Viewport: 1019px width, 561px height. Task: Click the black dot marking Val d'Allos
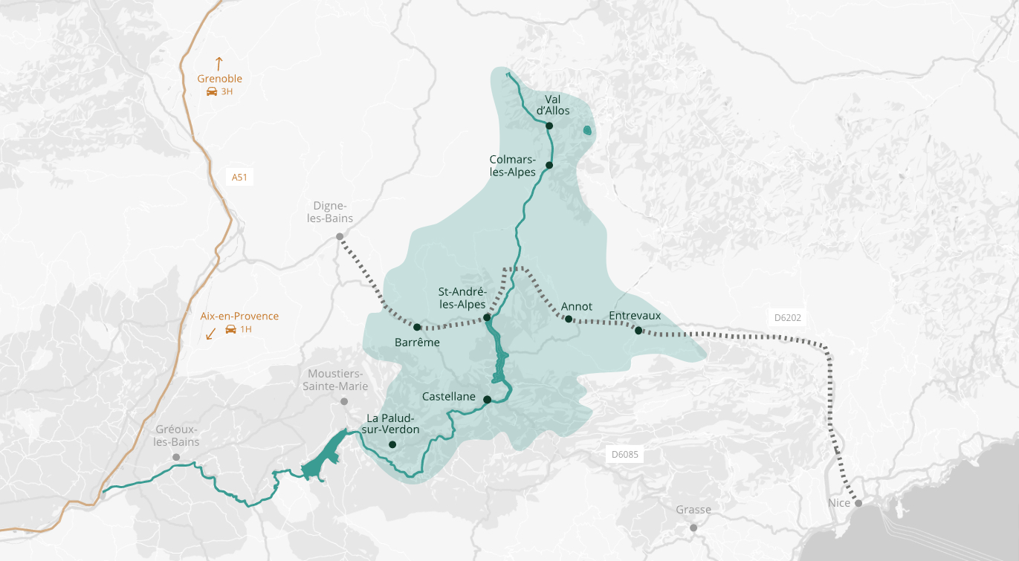549,126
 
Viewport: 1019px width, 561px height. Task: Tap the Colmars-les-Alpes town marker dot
549,165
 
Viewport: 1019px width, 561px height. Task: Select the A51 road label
239,177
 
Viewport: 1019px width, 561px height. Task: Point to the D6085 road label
624,454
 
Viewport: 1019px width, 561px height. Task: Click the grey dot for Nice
858,504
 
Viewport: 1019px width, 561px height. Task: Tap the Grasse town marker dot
693,528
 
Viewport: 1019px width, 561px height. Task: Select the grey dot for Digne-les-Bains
340,236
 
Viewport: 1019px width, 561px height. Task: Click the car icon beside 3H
211,91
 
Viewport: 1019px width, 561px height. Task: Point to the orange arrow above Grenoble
219,63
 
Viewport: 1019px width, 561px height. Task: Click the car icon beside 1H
230,329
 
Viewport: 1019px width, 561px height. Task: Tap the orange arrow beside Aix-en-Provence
210,334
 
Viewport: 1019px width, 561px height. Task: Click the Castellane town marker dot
487,400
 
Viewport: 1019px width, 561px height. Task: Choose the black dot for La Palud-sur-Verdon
392,445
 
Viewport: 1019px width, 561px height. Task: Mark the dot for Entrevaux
638,330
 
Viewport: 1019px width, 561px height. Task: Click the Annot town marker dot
569,320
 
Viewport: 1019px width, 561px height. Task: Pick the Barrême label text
418,343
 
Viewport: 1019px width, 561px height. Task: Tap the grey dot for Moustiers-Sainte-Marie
344,401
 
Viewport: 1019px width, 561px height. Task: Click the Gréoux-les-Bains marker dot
176,457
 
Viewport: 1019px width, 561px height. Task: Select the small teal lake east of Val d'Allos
587,132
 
